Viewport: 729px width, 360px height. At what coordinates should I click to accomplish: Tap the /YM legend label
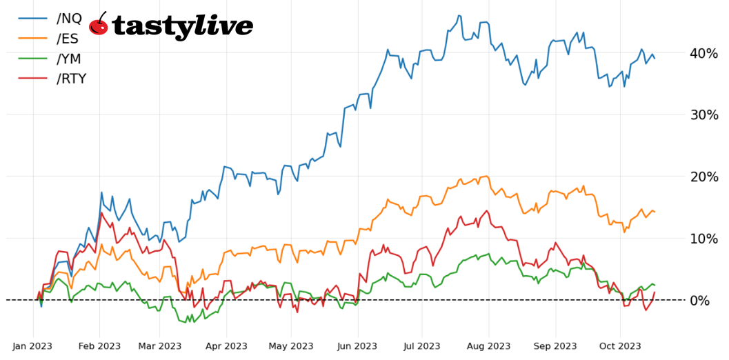[x=71, y=58]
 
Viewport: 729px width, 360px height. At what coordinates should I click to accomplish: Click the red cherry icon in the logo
[x=99, y=25]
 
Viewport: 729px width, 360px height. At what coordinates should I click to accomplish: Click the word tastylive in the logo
[x=182, y=26]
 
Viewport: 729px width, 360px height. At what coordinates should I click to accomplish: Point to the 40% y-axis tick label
[x=704, y=53]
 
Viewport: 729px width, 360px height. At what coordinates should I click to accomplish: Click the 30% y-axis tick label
[x=704, y=114]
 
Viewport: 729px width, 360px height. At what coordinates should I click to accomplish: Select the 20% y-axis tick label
[x=704, y=177]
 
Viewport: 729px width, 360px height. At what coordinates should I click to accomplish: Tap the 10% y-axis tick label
[x=704, y=239]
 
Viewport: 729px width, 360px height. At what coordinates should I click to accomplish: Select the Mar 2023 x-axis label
[x=159, y=346]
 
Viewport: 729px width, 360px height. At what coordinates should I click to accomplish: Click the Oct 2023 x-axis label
[x=619, y=346]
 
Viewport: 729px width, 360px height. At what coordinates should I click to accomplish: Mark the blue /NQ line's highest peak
[x=459, y=15]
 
